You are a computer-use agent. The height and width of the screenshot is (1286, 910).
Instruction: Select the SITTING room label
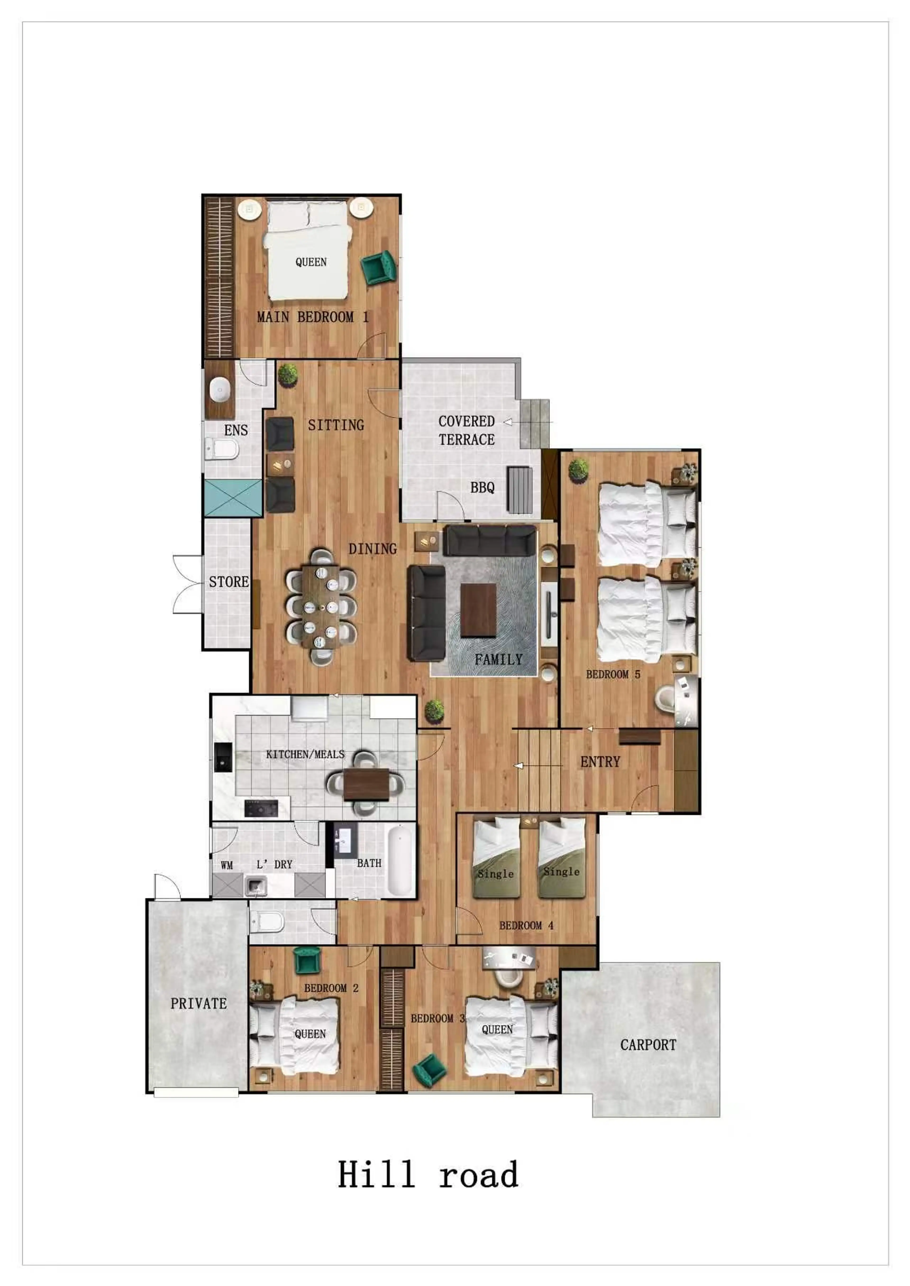click(336, 425)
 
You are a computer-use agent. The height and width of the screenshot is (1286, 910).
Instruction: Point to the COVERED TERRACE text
click(467, 430)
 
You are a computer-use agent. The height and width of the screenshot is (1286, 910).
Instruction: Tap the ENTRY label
click(600, 762)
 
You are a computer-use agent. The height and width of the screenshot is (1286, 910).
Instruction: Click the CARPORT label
click(648, 1045)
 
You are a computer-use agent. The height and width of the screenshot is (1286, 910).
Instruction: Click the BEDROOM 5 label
click(613, 674)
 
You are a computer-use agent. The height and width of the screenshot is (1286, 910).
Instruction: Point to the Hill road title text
click(428, 1175)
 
